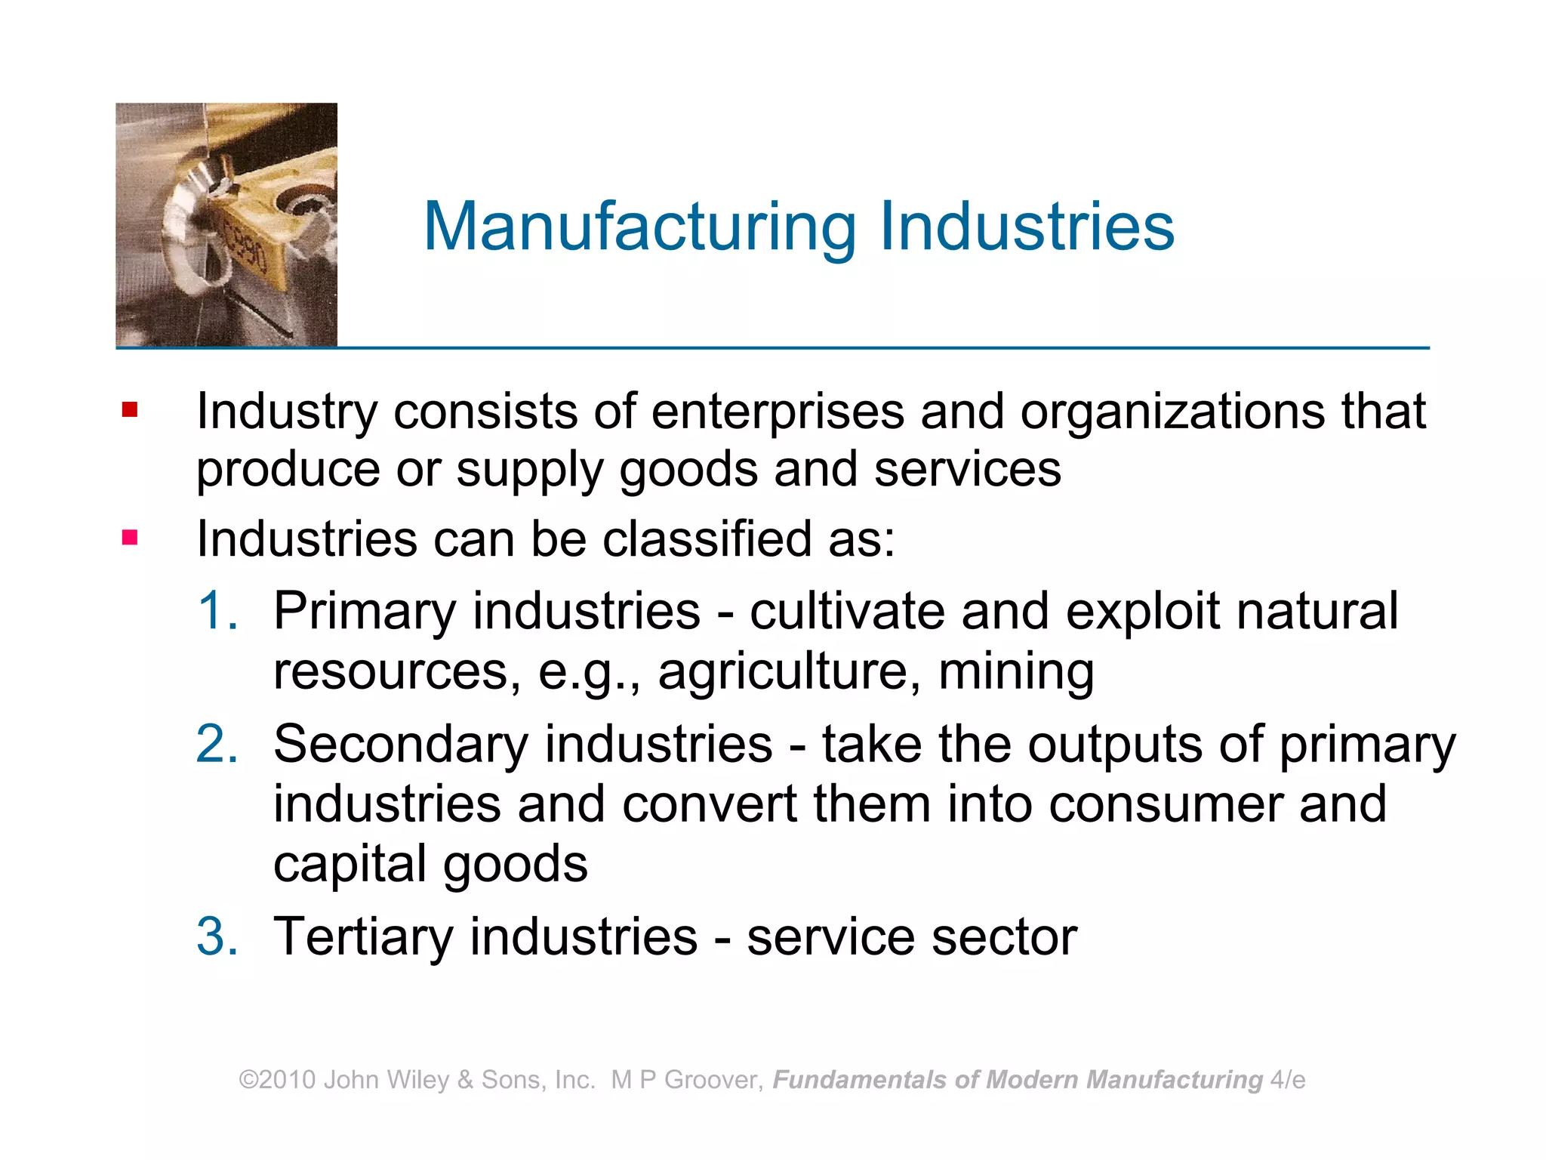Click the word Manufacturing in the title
point(639,227)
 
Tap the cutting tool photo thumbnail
point(226,224)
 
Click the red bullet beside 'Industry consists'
point(130,410)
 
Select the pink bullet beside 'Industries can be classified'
point(130,538)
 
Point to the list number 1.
point(217,610)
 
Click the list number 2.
point(217,744)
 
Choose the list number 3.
point(217,936)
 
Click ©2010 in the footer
point(277,1080)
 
